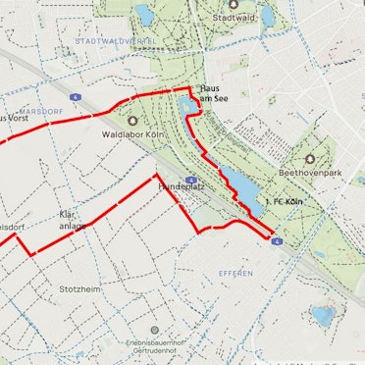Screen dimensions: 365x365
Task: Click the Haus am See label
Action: (214, 92)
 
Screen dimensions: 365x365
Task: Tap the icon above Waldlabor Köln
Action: (132, 121)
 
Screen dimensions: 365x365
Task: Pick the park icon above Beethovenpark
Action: (311, 157)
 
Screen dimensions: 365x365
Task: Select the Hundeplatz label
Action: (178, 184)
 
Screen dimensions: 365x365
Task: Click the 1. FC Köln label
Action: (283, 202)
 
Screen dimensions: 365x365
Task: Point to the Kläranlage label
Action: (74, 218)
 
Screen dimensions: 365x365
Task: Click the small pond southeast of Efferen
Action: (322, 316)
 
